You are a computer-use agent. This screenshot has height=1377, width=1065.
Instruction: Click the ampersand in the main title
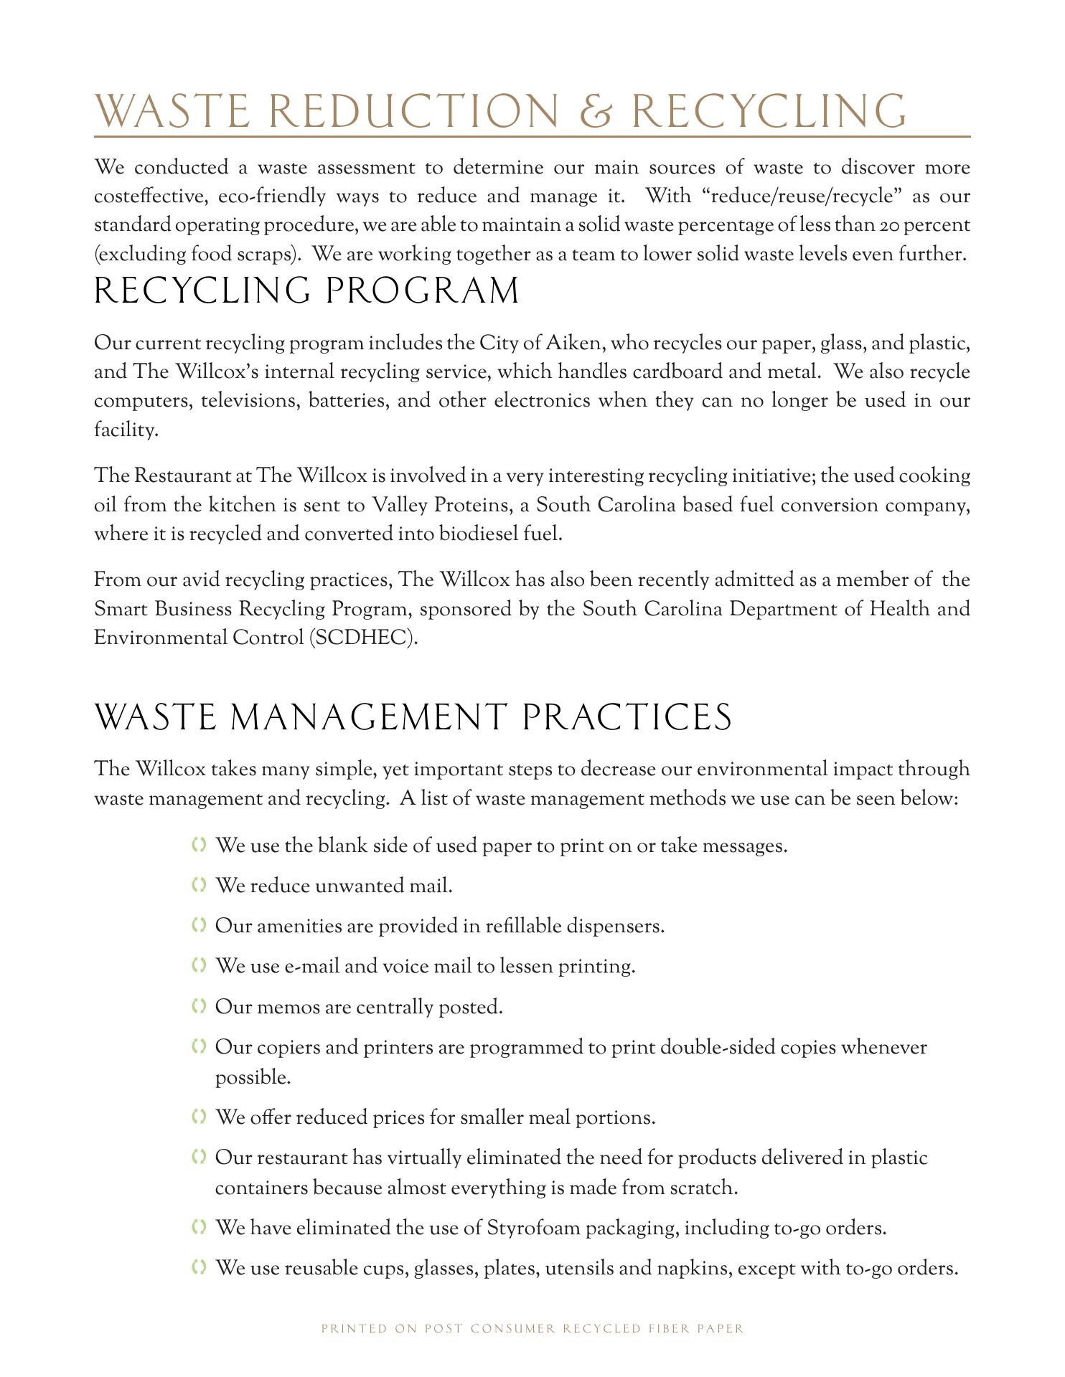coord(596,111)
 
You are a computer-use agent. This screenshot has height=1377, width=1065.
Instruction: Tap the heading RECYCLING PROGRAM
coord(306,291)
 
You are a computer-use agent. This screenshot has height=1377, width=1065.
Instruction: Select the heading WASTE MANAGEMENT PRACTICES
coord(413,718)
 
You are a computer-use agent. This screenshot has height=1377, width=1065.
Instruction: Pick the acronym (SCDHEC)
coord(363,638)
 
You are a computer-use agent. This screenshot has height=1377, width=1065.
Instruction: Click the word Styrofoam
coord(533,1228)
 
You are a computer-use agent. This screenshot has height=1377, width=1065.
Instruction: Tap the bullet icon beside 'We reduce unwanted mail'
coord(200,886)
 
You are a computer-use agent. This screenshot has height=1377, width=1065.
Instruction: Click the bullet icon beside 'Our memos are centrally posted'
coord(200,1006)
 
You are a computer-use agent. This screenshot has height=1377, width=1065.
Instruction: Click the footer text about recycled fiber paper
coord(532,1328)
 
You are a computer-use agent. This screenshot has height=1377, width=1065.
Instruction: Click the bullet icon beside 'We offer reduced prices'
coord(200,1117)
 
